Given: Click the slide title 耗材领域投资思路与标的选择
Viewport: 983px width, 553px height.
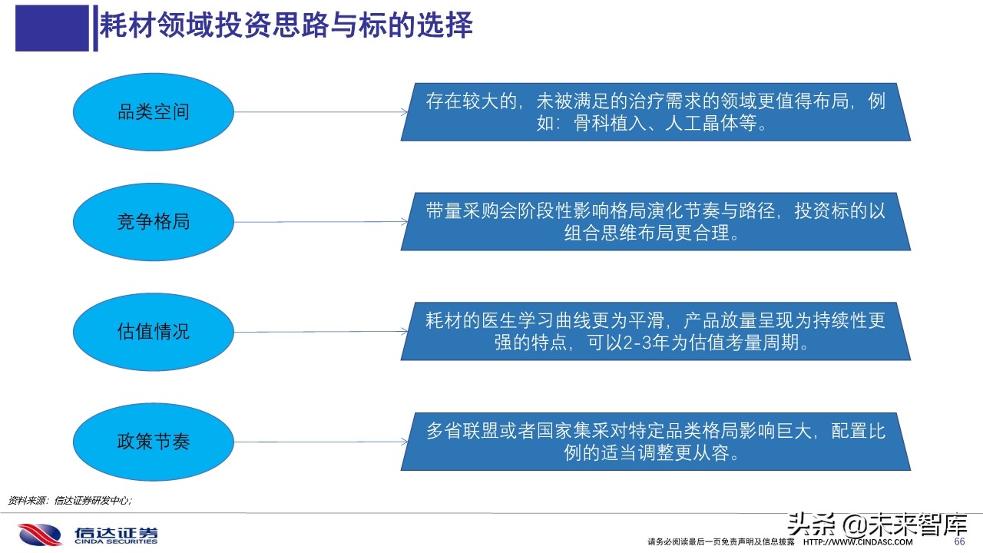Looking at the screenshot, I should pos(286,26).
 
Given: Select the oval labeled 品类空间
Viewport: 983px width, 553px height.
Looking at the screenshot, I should pos(153,112).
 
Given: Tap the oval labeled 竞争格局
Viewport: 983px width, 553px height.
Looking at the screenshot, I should pos(153,222).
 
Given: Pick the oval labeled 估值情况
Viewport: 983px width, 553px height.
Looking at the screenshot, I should pos(153,332).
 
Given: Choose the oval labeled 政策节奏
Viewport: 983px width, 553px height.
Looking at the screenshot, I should pos(153,442).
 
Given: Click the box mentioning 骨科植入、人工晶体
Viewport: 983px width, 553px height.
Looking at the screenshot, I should pos(655,112).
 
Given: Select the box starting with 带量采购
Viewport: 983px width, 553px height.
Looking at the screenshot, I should pos(655,222).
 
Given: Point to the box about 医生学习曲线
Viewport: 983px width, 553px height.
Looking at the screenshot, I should pos(655,332).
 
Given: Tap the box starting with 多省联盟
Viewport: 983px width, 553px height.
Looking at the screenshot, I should pos(655,442).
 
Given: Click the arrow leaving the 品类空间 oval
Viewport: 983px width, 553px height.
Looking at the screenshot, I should pos(319,112).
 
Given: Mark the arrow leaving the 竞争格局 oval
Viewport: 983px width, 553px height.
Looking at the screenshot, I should pos(319,222).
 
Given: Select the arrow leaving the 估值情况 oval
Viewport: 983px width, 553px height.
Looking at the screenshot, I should pos(319,332).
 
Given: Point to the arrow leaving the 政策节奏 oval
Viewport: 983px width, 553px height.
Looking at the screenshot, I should pos(319,442).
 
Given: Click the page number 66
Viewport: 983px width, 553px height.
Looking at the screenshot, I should pos(958,541).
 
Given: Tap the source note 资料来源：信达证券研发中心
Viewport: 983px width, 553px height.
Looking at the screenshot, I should pos(70,500).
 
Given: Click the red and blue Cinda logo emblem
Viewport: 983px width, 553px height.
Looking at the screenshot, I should pos(39,535).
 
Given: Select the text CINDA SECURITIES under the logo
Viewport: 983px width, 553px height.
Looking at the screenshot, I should pos(116,542).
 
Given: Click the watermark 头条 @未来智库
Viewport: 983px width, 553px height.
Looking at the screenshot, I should pos(875,525).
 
